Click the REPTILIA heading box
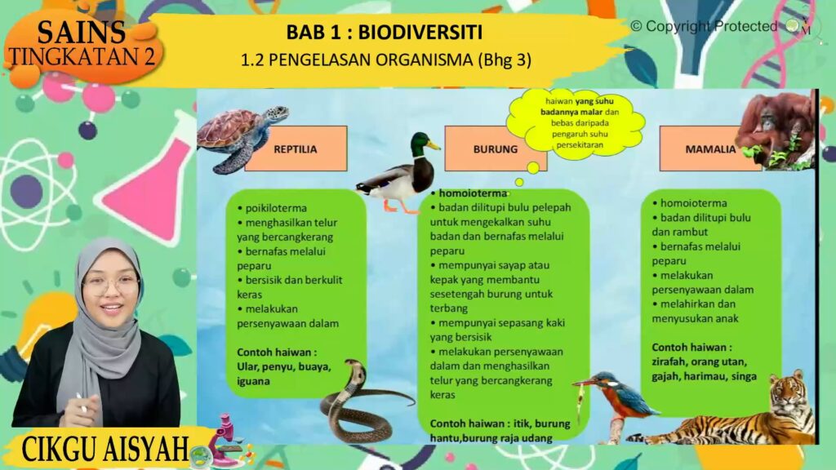296,149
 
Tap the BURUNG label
496,149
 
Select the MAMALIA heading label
710,149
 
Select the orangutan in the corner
777,130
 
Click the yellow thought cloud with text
576,123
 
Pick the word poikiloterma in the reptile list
276,208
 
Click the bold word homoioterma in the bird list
473,193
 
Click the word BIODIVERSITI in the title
420,33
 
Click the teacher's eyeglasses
110,285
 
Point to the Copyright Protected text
704,26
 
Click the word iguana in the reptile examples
253,382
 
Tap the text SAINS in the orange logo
81,32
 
